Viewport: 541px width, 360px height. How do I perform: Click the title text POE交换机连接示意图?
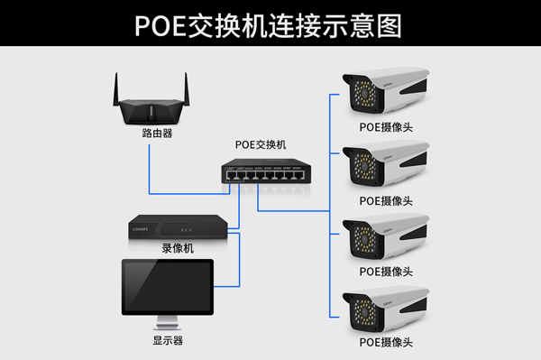pyautogui.click(x=270, y=24)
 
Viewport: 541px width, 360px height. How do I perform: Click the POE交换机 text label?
pyautogui.click(x=260, y=144)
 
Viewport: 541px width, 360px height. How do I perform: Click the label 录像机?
pyautogui.click(x=177, y=248)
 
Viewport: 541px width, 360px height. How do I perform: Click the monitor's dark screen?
pyautogui.click(x=168, y=287)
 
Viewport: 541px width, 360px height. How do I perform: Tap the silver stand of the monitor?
pyautogui.click(x=168, y=321)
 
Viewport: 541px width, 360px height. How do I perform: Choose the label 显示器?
pyautogui.click(x=168, y=341)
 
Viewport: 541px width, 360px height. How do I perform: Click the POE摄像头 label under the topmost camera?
pyautogui.click(x=386, y=127)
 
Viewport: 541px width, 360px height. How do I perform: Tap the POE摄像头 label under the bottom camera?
pyautogui.click(x=386, y=343)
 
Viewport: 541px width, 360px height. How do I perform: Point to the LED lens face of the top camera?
pyautogui.click(x=362, y=94)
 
